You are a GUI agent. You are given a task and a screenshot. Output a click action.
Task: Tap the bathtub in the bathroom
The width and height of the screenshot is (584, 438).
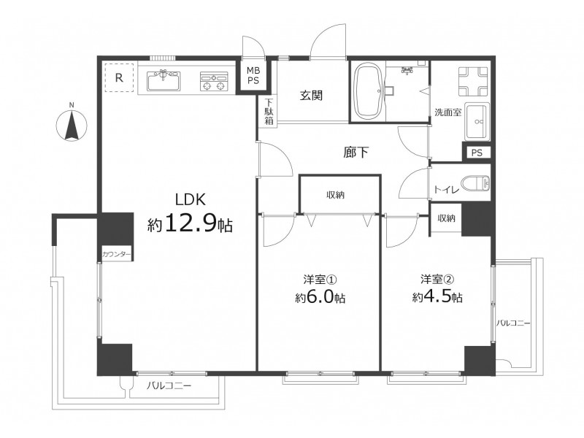click(x=368, y=91)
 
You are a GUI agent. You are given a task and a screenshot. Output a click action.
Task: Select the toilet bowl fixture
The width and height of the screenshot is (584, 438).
click(x=476, y=183)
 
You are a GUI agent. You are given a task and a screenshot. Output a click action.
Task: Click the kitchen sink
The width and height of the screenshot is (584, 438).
click(x=164, y=81)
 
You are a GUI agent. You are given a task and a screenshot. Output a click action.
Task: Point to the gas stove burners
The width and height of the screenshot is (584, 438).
click(x=214, y=82)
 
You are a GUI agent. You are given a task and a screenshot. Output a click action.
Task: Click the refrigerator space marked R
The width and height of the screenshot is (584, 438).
click(x=119, y=77)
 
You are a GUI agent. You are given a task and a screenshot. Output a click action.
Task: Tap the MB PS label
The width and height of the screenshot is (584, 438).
click(x=253, y=75)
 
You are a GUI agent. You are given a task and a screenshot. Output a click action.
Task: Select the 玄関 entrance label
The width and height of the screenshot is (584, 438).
click(x=312, y=96)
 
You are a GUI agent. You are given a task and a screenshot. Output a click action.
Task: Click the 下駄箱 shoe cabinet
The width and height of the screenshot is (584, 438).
click(x=269, y=112)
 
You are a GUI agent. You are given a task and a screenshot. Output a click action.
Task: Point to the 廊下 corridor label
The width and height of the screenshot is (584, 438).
click(x=356, y=153)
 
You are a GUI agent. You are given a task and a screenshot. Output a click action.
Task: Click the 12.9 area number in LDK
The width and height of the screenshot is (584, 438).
click(x=190, y=223)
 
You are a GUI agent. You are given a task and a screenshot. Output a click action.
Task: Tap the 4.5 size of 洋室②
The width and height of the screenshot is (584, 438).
click(x=437, y=297)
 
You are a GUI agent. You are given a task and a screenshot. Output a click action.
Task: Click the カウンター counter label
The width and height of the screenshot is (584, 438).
click(x=117, y=254)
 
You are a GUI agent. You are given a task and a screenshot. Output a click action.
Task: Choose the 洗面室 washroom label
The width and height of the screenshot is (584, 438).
click(x=448, y=112)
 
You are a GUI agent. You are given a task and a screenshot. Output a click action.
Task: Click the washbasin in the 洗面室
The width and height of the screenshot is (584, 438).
click(x=477, y=121)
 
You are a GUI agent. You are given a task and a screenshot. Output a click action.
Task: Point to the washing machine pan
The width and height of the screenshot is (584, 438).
click(x=473, y=82)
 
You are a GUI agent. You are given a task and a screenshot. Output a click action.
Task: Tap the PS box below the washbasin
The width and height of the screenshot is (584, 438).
click(x=477, y=153)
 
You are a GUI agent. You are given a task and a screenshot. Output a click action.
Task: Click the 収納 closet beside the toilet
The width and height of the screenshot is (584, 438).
click(x=446, y=218)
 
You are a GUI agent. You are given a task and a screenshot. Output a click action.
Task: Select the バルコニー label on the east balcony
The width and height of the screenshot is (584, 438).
click(x=513, y=323)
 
